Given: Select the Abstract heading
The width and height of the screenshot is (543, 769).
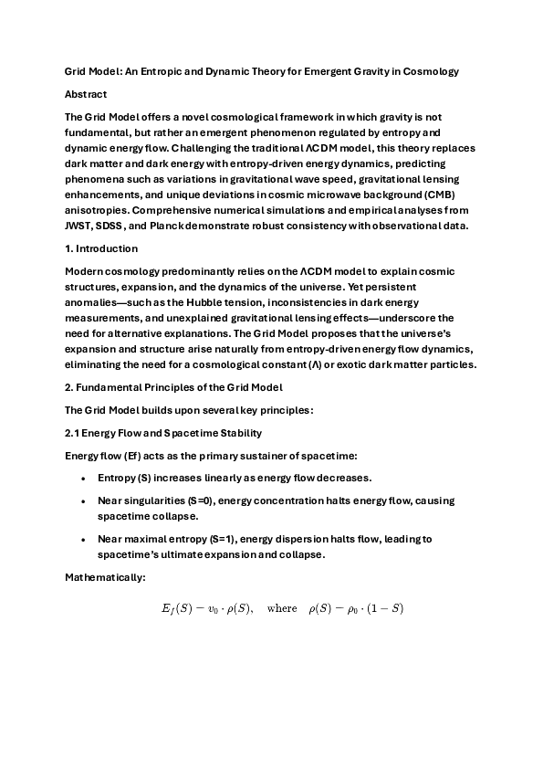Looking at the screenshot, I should pyautogui.click(x=85, y=94).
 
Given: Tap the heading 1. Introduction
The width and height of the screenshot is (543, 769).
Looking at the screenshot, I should pyautogui.click(x=101, y=248).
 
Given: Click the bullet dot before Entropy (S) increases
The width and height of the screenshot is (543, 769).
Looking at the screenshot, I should pyautogui.click(x=84, y=479).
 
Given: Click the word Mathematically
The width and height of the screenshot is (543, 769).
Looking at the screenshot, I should pyautogui.click(x=105, y=577).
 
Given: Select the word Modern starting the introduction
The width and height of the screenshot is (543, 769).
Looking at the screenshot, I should pyautogui.click(x=85, y=271).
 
